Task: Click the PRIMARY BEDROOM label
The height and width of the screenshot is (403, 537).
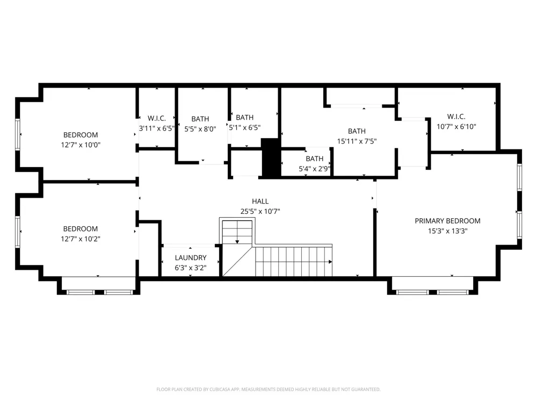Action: [x=447, y=221]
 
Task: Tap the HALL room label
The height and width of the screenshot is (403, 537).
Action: [x=260, y=201]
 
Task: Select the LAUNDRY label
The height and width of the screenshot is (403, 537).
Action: [x=191, y=258]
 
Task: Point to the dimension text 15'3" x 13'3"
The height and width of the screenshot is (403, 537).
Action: [x=448, y=231]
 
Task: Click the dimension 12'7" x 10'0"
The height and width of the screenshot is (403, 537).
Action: [x=81, y=145]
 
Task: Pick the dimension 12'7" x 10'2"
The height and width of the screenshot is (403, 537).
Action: [x=81, y=239]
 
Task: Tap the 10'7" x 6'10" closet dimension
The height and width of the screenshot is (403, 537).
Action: [x=456, y=127]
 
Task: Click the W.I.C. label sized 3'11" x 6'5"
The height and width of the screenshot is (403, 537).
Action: [x=157, y=119]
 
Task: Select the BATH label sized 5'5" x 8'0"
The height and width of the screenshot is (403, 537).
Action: [x=200, y=119]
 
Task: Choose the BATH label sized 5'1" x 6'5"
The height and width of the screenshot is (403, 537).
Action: [x=244, y=118]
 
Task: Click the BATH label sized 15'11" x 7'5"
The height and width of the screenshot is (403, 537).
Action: [x=357, y=131]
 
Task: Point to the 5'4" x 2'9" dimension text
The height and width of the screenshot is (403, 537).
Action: [x=314, y=169]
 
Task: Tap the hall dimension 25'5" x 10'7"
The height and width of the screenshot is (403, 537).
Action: [x=260, y=211]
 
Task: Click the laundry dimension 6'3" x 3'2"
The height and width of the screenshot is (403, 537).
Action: [x=191, y=268]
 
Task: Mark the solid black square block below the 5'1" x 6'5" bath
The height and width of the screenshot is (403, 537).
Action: [x=271, y=157]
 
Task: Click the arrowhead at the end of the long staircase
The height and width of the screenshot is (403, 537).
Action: [x=330, y=262]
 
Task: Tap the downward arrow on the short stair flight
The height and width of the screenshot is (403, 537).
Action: [x=237, y=242]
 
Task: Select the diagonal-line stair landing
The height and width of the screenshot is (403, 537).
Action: [x=238, y=261]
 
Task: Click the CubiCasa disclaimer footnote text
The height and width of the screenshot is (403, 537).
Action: [x=268, y=389]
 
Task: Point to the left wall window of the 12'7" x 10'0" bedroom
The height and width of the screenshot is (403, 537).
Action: [x=18, y=134]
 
